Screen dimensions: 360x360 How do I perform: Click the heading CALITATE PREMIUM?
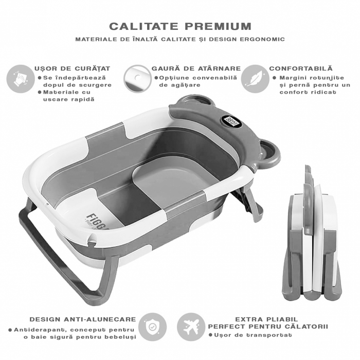180,26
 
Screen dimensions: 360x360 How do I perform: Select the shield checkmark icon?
152,326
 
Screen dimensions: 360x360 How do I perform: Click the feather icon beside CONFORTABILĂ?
254,79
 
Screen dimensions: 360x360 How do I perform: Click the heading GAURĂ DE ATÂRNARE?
196,68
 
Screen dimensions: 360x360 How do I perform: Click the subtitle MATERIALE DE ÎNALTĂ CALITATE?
180,39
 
